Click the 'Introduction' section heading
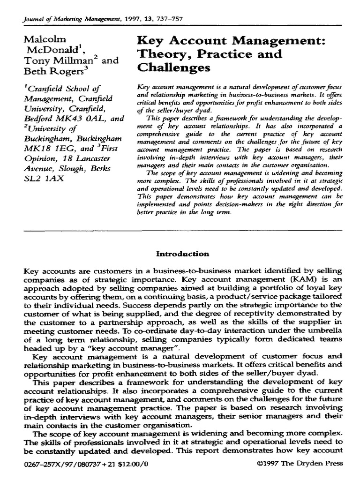(182, 254)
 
